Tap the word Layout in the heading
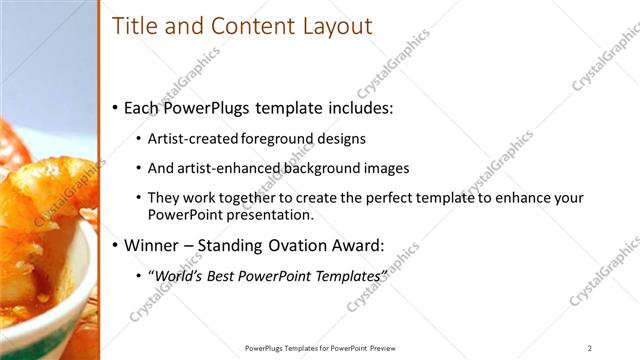point(334,26)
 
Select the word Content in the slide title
point(245,26)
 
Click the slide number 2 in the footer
point(590,347)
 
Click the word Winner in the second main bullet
point(153,244)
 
